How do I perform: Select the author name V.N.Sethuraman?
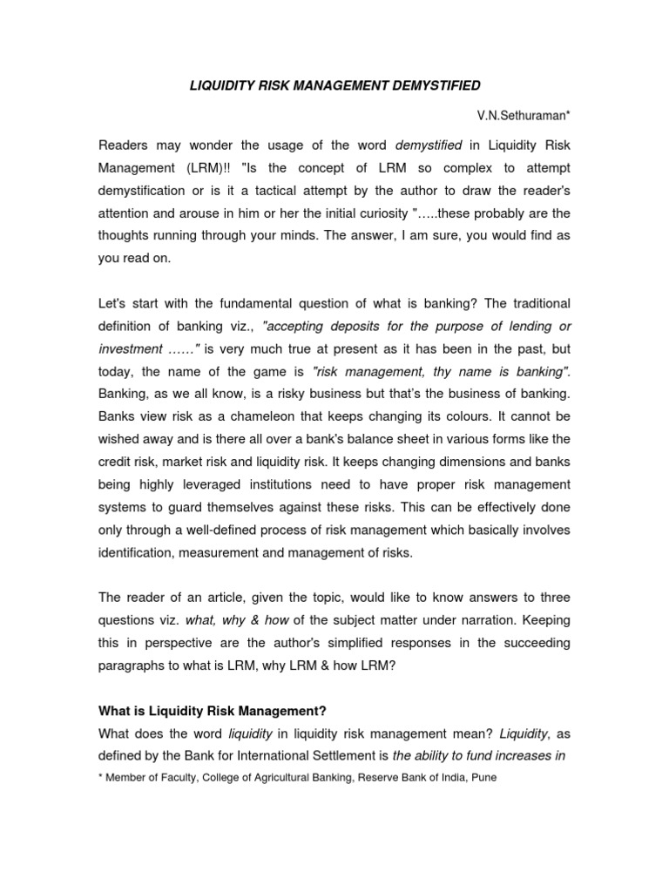[x=523, y=115]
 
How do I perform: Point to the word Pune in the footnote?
[x=483, y=778]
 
